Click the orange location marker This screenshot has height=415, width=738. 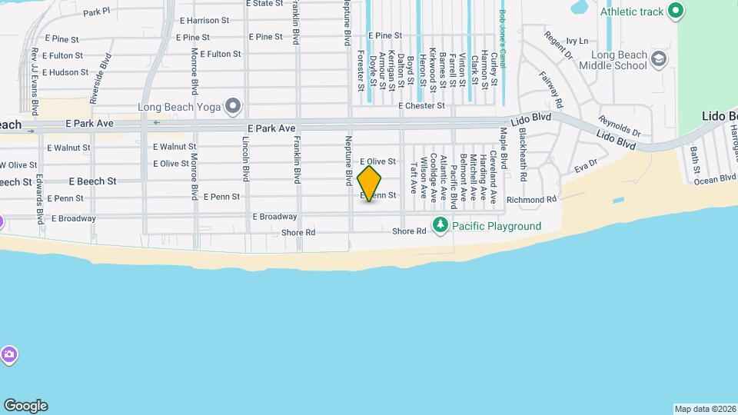(369, 183)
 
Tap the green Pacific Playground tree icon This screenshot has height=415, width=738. (440, 225)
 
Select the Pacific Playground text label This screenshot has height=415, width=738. (497, 226)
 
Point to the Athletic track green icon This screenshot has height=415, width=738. (676, 11)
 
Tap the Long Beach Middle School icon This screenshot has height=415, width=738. (659, 59)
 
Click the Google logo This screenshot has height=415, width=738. (25, 406)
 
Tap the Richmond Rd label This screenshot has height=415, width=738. (531, 200)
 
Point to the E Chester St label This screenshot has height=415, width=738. (422, 106)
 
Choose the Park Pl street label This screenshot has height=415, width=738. (98, 12)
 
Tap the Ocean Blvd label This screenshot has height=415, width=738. (716, 179)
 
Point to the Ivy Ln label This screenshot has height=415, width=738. (577, 41)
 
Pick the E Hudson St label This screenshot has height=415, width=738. (66, 72)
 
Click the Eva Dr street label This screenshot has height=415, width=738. (586, 166)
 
